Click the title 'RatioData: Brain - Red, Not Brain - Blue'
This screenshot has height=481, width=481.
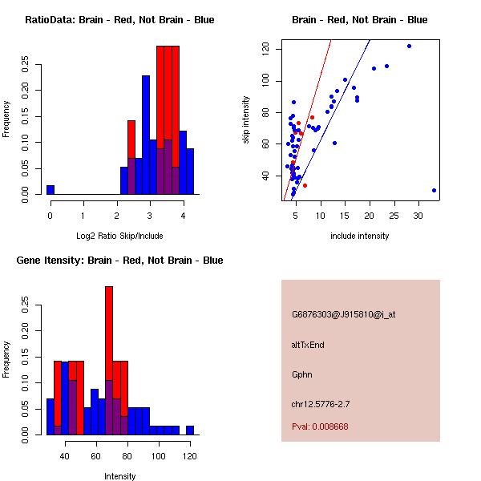point(119,20)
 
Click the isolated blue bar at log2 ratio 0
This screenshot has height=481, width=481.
point(51,190)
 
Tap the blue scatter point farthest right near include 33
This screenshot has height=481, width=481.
point(434,191)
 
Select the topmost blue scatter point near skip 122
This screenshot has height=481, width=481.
point(409,46)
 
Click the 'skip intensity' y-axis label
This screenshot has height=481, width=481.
point(247,120)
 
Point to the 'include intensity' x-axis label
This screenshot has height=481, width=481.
point(359,236)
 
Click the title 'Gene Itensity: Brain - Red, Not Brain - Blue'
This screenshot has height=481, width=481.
point(119,261)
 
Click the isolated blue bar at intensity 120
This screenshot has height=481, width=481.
point(190,430)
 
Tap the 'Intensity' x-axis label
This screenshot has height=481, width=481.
point(119,477)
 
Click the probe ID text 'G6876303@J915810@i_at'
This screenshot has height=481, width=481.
point(343,314)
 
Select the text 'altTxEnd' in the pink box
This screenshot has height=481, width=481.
point(308,345)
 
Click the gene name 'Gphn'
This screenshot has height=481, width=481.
point(302,374)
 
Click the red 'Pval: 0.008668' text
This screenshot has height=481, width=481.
point(320,426)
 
